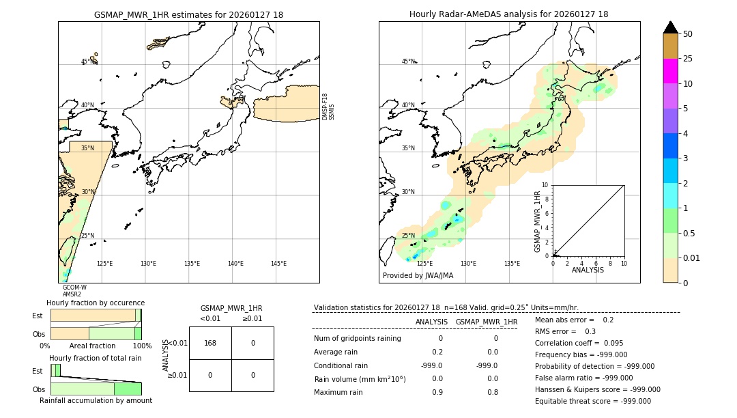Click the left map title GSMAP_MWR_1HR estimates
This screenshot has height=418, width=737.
188,14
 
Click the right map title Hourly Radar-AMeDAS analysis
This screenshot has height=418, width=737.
508,14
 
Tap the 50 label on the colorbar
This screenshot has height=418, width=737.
688,33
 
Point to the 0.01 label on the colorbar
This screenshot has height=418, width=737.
691,257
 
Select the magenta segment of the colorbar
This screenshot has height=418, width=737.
670,71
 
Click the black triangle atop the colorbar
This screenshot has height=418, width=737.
670,27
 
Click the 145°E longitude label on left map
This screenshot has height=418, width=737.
278,264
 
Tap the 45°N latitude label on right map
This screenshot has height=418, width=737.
408,62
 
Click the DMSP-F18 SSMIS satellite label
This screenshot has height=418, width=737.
328,107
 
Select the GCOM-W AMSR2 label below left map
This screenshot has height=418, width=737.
74,291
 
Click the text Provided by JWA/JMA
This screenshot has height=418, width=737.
418,276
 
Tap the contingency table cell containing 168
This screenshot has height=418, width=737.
210,343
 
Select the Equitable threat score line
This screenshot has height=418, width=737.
592,401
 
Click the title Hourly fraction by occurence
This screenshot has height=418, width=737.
96,303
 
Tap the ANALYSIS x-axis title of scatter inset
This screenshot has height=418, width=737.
588,270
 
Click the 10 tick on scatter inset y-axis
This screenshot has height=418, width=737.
545,185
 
